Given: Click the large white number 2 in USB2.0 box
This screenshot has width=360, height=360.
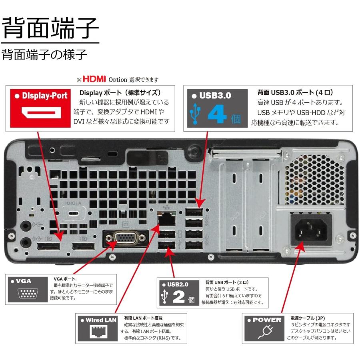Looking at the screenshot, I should tap(178, 298).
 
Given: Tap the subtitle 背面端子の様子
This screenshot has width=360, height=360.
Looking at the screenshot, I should tap(44, 54).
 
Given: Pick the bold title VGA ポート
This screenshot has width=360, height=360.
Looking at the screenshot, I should tap(64, 278).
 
